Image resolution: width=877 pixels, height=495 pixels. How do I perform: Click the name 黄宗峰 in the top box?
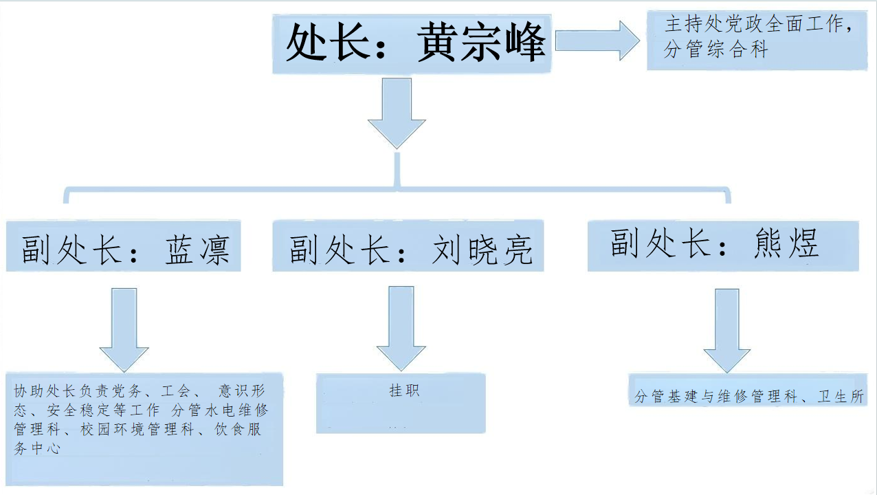click(481, 43)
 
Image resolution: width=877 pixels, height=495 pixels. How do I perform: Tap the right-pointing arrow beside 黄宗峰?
click(597, 41)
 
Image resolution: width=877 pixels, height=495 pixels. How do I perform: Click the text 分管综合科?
click(715, 49)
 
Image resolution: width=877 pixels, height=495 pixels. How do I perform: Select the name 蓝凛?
click(197, 249)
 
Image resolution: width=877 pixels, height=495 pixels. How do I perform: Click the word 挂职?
click(404, 390)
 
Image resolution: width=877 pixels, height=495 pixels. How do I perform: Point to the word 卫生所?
click(841, 397)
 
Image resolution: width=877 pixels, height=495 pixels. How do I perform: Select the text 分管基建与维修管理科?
click(715, 397)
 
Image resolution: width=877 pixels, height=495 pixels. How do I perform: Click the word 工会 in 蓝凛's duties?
click(175, 391)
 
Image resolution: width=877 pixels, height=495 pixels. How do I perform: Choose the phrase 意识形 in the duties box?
click(241, 391)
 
